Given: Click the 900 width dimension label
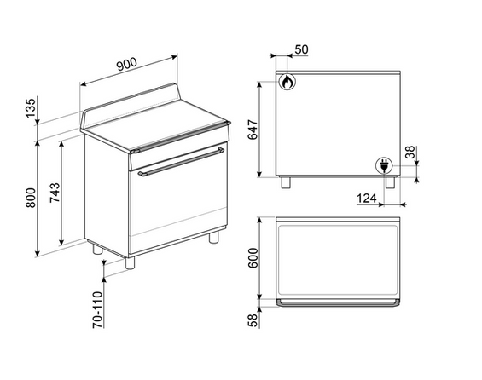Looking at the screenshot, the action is [x=127, y=65].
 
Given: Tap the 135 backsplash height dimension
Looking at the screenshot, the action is [x=31, y=107].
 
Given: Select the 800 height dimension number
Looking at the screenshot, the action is [x=31, y=198].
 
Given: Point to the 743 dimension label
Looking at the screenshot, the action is [x=55, y=193].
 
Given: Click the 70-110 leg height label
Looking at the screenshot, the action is [x=97, y=310].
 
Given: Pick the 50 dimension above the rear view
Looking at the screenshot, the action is [x=301, y=49].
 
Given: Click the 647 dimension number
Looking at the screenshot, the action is [x=253, y=130].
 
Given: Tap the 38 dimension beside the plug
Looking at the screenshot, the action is [x=410, y=153].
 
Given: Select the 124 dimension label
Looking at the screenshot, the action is [x=367, y=199].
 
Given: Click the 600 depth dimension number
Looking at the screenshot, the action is [x=253, y=258].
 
